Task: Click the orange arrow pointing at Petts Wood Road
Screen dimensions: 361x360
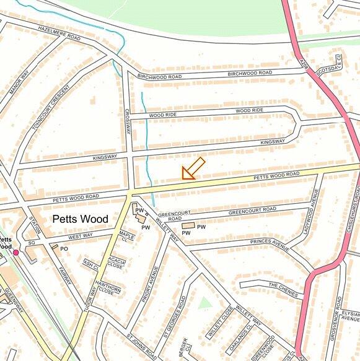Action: (x=193, y=168)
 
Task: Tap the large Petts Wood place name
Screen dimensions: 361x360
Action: (x=80, y=219)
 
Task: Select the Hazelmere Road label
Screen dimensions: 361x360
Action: (x=59, y=33)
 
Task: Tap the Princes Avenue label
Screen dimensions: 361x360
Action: (x=270, y=245)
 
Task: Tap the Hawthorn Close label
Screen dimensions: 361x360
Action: (x=109, y=289)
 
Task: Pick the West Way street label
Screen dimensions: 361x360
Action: (x=81, y=237)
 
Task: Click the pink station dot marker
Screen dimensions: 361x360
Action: (x=16, y=253)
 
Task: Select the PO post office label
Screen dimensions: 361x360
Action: (x=63, y=249)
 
